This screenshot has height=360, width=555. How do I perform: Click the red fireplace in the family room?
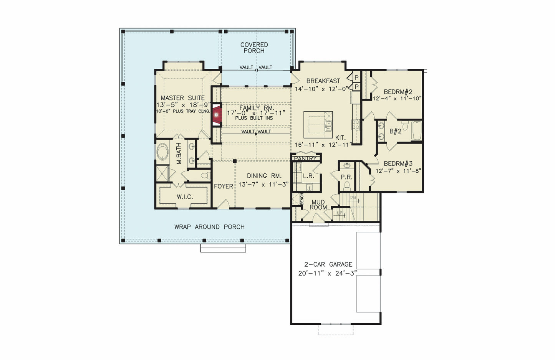217,114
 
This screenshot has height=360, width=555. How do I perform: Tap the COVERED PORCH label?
254,48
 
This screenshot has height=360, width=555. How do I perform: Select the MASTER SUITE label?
182,98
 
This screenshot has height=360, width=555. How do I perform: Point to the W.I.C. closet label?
185,197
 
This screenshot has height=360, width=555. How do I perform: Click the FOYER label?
224,187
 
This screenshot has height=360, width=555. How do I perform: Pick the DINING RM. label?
264,176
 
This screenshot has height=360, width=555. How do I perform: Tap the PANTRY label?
305,159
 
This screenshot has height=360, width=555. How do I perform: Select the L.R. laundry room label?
308,176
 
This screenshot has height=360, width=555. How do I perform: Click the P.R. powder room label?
346,177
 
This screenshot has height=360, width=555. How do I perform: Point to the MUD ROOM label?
318,205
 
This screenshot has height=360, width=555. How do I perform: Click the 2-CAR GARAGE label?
328,264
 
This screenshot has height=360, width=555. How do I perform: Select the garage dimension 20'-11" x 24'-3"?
328,274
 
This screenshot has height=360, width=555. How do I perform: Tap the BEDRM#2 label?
398,92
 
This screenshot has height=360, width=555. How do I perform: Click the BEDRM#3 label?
398,163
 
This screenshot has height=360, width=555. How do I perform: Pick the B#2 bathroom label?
395,131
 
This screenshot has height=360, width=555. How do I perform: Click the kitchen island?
318,125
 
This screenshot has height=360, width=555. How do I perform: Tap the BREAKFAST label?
323,81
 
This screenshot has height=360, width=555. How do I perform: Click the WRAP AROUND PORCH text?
209,227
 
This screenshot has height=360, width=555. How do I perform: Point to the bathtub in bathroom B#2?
417,131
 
